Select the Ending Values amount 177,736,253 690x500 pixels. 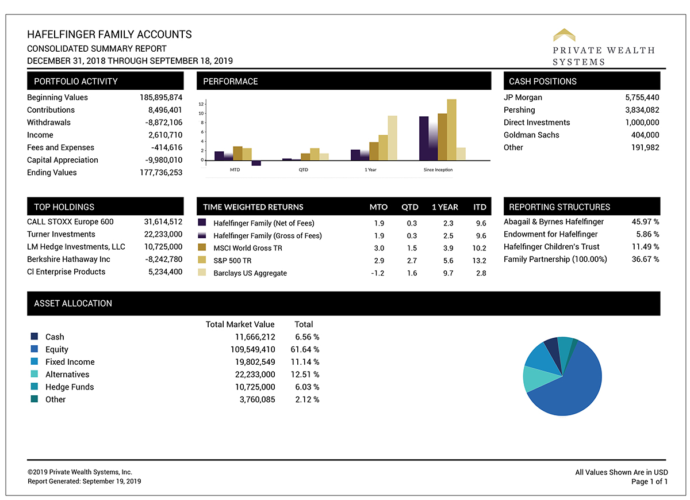click(160, 173)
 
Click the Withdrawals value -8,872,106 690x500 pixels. click(163, 123)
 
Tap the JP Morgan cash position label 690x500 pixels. click(523, 98)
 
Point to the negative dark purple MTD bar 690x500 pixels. click(256, 163)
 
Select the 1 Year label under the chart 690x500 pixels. click(370, 170)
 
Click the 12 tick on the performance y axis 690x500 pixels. click(201, 104)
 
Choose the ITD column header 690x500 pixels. click(479, 207)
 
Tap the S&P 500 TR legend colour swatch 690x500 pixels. click(202, 260)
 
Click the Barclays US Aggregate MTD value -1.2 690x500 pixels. click(378, 273)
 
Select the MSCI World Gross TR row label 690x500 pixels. click(248, 248)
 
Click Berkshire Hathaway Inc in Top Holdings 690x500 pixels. click(69, 259)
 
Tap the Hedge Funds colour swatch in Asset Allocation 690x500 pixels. click(34, 387)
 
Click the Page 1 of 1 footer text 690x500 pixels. click(649, 482)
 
